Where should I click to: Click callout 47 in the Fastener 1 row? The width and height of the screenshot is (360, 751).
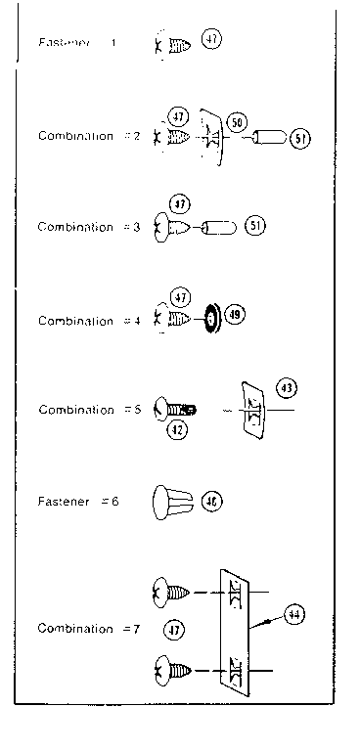click(212, 40)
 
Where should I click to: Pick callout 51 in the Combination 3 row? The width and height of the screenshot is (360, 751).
click(256, 226)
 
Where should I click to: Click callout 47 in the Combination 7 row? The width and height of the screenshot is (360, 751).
click(176, 629)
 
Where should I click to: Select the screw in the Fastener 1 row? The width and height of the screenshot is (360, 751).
click(173, 45)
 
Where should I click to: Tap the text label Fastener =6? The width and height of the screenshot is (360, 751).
click(77, 502)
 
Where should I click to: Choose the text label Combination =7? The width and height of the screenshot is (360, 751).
click(89, 629)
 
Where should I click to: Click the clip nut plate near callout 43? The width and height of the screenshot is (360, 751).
click(251, 412)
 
